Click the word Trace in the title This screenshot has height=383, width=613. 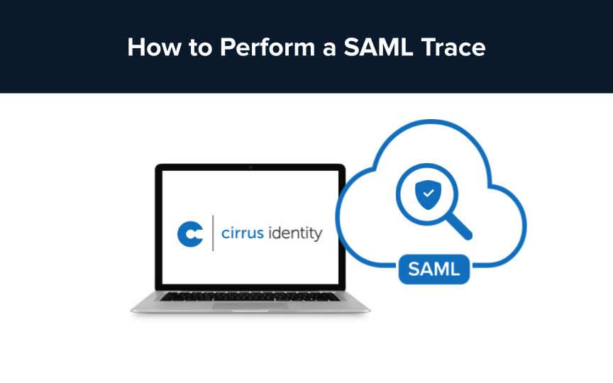click(453, 48)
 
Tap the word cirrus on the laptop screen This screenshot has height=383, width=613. click(244, 233)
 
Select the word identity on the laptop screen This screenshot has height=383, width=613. click(297, 233)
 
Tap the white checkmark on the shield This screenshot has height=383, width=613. click(426, 193)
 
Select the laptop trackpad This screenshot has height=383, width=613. click(250, 307)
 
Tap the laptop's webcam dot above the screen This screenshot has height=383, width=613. click(250, 167)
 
